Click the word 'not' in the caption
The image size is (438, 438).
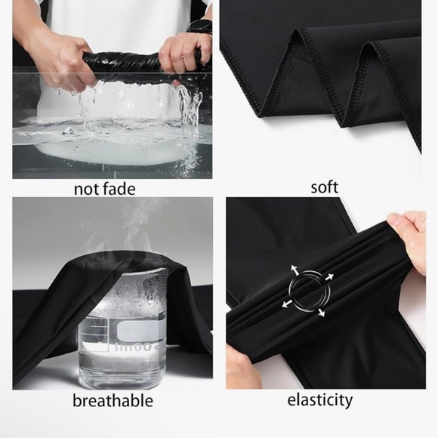[87, 189]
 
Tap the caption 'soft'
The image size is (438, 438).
[324, 187]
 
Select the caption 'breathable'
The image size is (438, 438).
[113, 400]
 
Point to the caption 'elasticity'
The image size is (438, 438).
[320, 400]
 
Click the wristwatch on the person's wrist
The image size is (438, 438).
[200, 27]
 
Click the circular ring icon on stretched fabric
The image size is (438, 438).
[309, 291]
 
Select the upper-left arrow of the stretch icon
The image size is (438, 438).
[295, 270]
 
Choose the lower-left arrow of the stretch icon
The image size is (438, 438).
[287, 304]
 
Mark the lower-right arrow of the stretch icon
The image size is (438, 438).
[321, 313]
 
